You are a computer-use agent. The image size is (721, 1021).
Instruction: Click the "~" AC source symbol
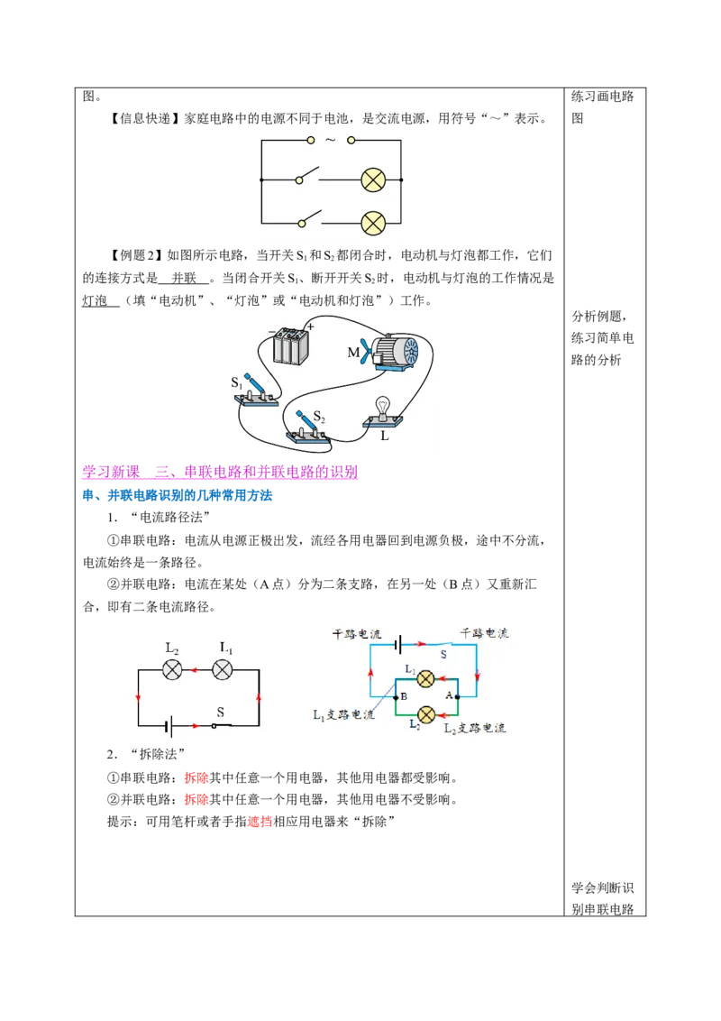pos(331,140)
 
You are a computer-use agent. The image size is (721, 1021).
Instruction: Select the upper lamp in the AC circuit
pos(373,179)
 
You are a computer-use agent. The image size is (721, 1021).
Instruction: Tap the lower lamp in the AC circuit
pos(373,223)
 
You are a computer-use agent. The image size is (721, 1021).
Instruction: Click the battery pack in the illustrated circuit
pos(290,345)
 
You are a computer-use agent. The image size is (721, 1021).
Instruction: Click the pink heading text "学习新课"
pos(111,472)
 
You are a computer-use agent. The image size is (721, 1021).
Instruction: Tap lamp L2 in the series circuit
pos(172,669)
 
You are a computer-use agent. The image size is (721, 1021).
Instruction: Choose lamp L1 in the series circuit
pos(223,669)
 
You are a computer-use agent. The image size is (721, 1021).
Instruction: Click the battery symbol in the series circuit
pos(168,725)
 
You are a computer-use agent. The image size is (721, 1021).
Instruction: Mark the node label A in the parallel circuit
pos(448,695)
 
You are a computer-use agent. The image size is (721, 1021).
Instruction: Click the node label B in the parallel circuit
pos(404,696)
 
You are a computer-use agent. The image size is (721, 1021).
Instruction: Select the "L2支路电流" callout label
pos(474,728)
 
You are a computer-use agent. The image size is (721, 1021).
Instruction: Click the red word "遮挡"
pos(260,821)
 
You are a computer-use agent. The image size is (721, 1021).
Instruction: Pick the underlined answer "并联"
pos(184,278)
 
